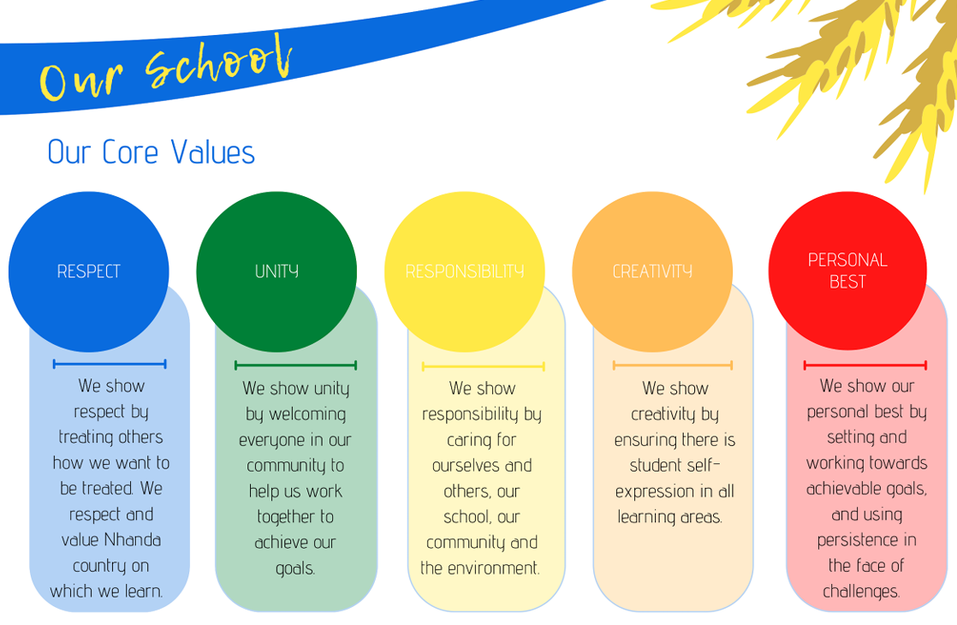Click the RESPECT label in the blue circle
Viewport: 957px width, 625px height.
[88, 271]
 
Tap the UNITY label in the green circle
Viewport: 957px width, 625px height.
[276, 271]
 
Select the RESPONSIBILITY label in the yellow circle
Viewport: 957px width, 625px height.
[465, 271]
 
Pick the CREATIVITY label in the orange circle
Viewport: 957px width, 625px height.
[652, 271]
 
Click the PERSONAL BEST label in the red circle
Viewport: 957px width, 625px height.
[847, 271]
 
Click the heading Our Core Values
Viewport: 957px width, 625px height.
[151, 152]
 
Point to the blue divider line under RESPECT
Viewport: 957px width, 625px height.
[110, 365]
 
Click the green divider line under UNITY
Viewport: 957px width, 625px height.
[295, 366]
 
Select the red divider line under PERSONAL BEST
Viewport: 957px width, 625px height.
[865, 366]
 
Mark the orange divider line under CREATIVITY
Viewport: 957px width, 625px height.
[673, 366]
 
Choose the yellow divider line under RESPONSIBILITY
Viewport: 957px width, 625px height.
[484, 366]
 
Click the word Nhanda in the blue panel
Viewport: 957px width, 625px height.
[133, 539]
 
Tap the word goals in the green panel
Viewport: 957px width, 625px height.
[294, 568]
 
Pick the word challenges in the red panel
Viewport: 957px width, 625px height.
[861, 592]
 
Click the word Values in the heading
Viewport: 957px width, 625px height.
[213, 152]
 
